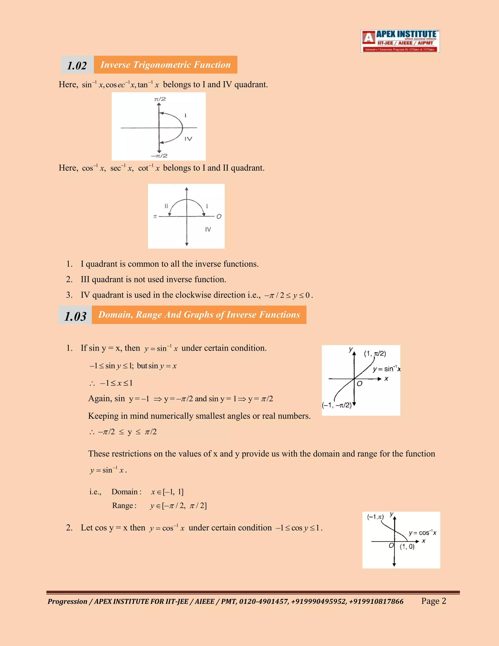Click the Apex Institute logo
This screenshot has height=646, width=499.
pos(400,41)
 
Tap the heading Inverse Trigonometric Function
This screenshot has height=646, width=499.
pos(165,65)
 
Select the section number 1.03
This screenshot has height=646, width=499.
pos(75,316)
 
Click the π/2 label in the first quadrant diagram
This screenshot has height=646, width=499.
pos(160,99)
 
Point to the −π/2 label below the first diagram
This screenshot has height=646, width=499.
pos(159,156)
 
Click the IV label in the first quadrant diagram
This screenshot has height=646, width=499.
pos(188,139)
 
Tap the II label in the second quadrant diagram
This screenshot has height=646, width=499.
pos(166,206)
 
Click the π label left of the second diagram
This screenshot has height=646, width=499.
pos(155,216)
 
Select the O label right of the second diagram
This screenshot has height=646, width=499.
pos(219,216)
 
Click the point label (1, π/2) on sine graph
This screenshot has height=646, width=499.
pos(375,353)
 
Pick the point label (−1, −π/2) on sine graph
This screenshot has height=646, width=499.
pos(337,405)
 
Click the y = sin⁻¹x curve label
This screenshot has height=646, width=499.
pos(386,369)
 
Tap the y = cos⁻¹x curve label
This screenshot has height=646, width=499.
pos(422,533)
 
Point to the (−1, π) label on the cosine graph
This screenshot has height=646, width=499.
pos(375,517)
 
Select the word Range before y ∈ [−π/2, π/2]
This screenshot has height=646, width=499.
pos(123,506)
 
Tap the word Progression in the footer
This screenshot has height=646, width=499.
pos(67,601)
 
